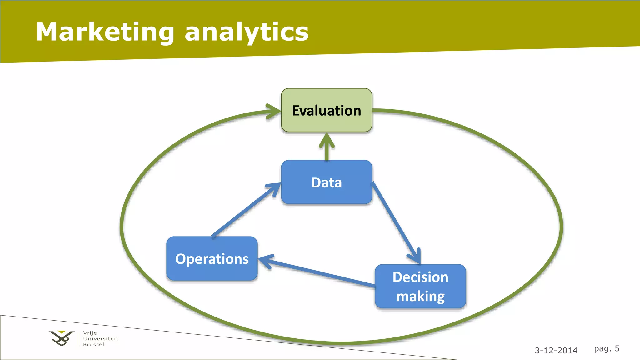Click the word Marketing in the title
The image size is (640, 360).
pyautogui.click(x=105, y=32)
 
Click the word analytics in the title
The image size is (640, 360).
pyautogui.click(x=247, y=32)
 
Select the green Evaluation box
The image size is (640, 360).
pyautogui.click(x=327, y=110)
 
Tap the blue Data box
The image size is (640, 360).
pyautogui.click(x=327, y=182)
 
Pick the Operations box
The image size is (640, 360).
pyautogui.click(x=212, y=259)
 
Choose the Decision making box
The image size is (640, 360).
pyautogui.click(x=420, y=286)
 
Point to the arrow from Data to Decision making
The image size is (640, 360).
pyautogui.click(x=395, y=222)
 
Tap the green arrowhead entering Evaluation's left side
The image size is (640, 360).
pyautogui.click(x=273, y=111)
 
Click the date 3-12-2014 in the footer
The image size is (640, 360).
pyautogui.click(x=556, y=350)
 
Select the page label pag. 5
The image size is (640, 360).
pyautogui.click(x=607, y=348)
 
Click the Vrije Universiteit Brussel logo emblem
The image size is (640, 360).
pyautogui.click(x=62, y=338)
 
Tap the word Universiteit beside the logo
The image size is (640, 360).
pyautogui.click(x=101, y=339)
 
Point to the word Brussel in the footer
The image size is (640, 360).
pyautogui.click(x=94, y=344)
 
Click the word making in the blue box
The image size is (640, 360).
pyautogui.click(x=420, y=296)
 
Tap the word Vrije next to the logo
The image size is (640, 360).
pyautogui.click(x=90, y=333)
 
